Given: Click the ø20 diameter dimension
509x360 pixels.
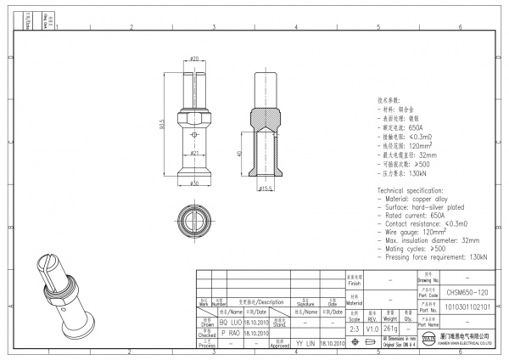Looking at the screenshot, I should pyautogui.click(x=194, y=59).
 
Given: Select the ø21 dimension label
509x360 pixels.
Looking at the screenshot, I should pyautogui.click(x=194, y=153).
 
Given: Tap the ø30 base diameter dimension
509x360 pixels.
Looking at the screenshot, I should pyautogui.click(x=193, y=183).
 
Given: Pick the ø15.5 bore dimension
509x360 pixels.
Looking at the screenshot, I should pyautogui.click(x=266, y=188).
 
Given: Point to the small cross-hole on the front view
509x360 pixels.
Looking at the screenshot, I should pyautogui.click(x=194, y=133).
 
